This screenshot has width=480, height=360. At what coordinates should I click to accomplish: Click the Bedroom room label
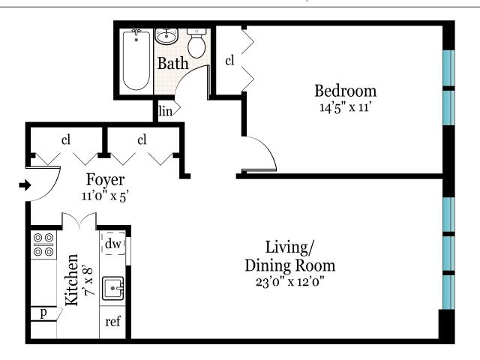[x=346, y=91]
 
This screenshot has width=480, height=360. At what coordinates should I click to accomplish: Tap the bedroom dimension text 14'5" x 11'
[x=346, y=107]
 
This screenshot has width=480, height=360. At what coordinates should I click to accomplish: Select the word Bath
[x=173, y=63]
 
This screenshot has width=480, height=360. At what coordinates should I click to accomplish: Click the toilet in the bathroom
[x=196, y=43]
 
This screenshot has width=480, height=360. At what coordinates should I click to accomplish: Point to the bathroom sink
[x=166, y=37]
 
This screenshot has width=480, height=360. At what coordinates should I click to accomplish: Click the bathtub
[x=136, y=60]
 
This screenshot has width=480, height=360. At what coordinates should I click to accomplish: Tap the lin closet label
[x=166, y=110]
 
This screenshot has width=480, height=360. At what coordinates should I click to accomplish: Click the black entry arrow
[x=25, y=185]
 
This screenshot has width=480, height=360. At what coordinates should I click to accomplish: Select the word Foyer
[x=105, y=180]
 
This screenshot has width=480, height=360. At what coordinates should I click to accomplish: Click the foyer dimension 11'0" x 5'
[x=104, y=196]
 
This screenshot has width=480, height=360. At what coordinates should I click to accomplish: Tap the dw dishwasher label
[x=113, y=244]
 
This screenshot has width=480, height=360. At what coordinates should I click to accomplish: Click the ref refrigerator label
[x=112, y=322]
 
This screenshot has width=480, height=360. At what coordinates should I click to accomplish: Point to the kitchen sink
[x=113, y=288]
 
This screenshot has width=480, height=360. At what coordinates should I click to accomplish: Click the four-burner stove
[x=43, y=244]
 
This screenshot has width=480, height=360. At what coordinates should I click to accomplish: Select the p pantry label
[x=43, y=313]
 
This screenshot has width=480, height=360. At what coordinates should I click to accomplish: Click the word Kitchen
[x=72, y=280]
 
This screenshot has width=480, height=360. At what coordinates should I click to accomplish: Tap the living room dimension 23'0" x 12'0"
[x=290, y=282]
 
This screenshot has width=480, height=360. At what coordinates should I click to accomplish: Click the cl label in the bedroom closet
[x=229, y=60]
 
